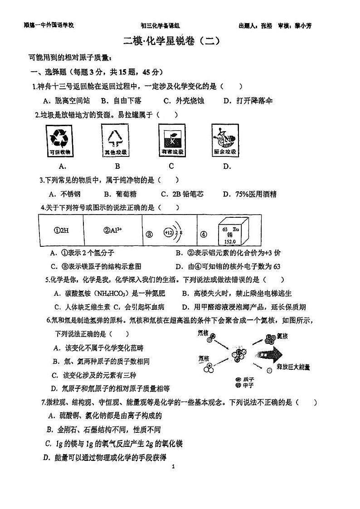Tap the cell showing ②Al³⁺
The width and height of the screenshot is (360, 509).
pyautogui.click(x=113, y=230)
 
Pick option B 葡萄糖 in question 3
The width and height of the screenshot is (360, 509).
pyautogui.click(x=113, y=194)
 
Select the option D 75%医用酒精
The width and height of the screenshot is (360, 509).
pyautogui.click(x=249, y=194)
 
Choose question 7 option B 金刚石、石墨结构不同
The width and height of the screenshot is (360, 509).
pyautogui.click(x=104, y=429)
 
